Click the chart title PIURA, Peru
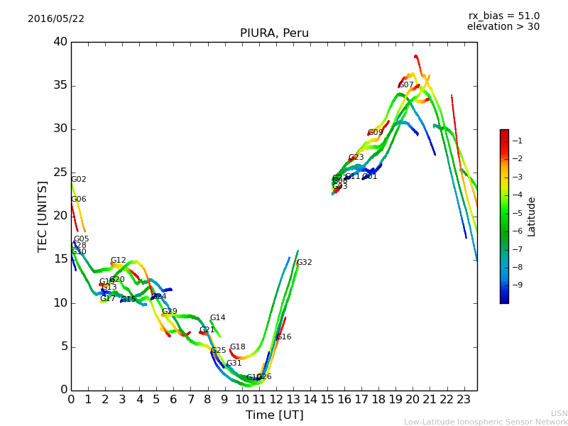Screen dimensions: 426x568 point(274,33)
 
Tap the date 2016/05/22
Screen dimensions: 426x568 point(56,18)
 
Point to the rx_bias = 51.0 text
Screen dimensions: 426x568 point(503,16)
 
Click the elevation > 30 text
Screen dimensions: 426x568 point(503,27)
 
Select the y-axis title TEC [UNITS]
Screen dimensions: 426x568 point(43,216)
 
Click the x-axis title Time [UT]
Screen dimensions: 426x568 point(274,415)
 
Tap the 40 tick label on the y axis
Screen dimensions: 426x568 point(60,42)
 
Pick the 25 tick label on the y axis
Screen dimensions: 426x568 point(60,173)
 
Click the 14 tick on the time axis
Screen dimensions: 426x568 point(310,400)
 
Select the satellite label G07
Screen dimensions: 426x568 point(406,85)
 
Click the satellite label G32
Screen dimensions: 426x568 point(304,263)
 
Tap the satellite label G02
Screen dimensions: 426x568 point(79,180)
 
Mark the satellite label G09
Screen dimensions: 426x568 point(376,133)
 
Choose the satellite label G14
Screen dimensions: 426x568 point(217,318)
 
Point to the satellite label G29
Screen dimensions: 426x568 point(169,312)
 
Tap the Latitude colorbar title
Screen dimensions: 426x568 point(531,217)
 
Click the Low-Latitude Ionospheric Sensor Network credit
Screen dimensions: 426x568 point(486,422)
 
